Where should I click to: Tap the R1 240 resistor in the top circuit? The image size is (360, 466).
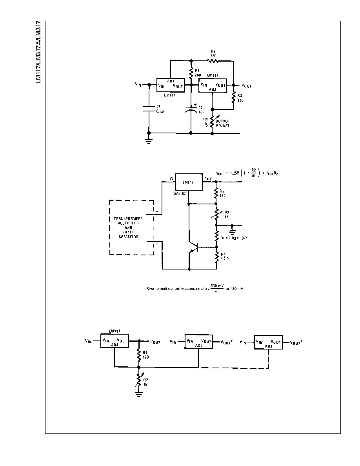(191, 73)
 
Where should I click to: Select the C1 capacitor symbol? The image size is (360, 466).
(149, 109)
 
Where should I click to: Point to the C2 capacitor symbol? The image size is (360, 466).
(191, 109)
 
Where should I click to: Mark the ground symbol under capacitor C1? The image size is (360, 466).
(149, 141)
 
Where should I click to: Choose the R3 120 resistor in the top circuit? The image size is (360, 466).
(233, 97)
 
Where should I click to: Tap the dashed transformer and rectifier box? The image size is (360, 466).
(131, 228)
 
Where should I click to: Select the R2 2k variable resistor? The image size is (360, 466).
(216, 214)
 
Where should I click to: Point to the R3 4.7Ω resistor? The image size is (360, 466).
(216, 258)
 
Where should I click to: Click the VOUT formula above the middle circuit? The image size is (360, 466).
(247, 173)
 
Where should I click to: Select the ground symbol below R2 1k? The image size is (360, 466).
(138, 393)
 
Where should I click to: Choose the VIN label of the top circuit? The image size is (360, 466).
(138, 84)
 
